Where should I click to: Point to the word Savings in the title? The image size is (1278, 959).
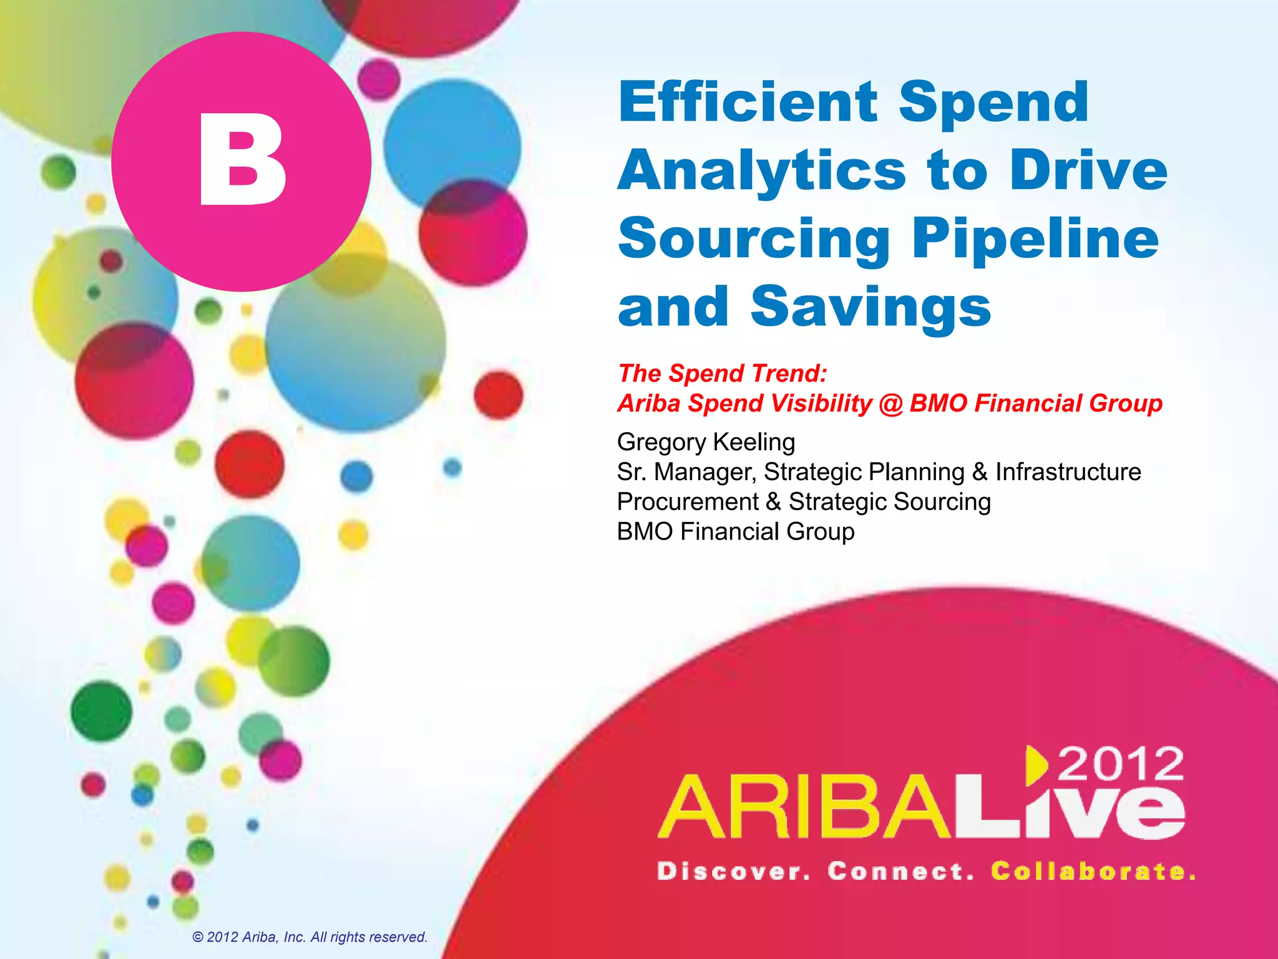point(871,307)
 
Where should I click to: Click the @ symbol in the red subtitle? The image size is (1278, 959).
point(890,404)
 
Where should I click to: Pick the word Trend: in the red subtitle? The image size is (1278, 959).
point(789,373)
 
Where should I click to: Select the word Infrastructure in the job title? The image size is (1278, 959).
point(1068,472)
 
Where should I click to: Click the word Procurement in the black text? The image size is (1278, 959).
point(688,502)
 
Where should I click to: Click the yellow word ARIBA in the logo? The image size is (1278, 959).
point(805,808)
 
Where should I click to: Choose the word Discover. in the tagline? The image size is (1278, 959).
point(734,872)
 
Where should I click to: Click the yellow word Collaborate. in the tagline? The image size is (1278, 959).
point(1093,872)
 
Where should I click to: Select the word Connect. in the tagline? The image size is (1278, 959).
point(900,872)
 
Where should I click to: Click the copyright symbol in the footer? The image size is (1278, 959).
point(198,938)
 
